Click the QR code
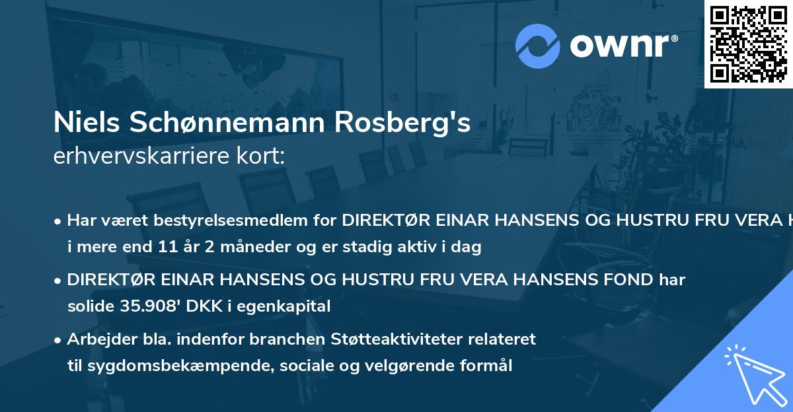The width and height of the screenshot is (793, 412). coord(748,44)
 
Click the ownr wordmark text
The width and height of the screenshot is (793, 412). coord(621,46)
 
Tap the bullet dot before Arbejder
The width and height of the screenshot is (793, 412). coord(58,339)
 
